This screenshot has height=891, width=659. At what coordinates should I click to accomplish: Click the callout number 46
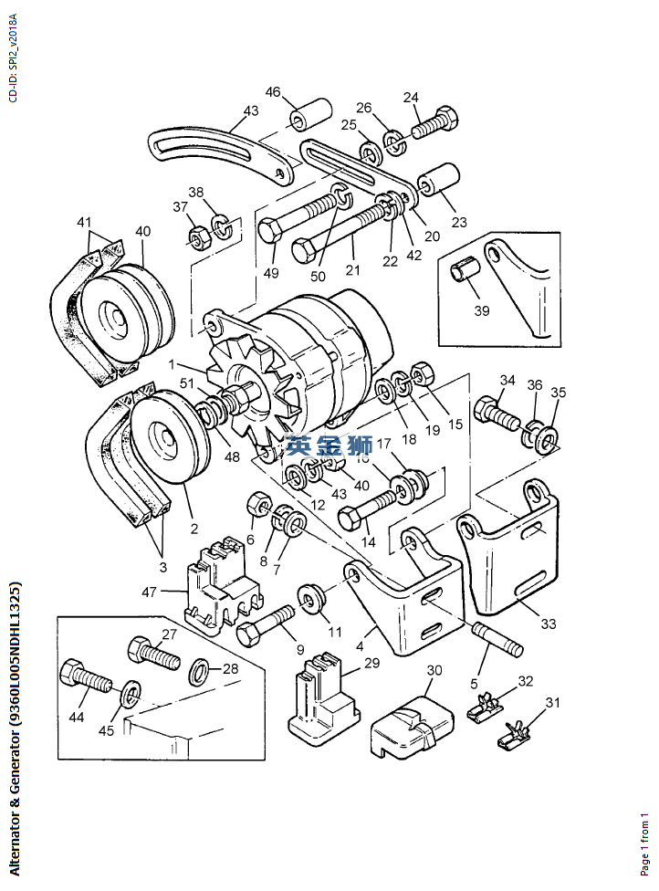(x=273, y=91)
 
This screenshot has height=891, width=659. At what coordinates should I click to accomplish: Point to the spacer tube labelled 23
(x=439, y=178)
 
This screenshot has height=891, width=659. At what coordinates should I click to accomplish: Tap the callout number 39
(x=482, y=310)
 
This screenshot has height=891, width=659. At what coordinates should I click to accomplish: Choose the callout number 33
(x=549, y=624)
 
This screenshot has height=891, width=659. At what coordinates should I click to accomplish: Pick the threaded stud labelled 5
(x=497, y=641)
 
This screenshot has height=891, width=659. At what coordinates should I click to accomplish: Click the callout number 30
(x=434, y=670)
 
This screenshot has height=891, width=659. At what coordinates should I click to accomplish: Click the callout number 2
(x=194, y=529)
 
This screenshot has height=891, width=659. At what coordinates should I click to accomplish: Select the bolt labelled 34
(x=497, y=416)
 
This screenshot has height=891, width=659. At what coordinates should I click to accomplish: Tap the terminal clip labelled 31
(x=514, y=737)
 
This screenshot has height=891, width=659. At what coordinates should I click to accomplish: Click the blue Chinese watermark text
(x=329, y=445)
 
